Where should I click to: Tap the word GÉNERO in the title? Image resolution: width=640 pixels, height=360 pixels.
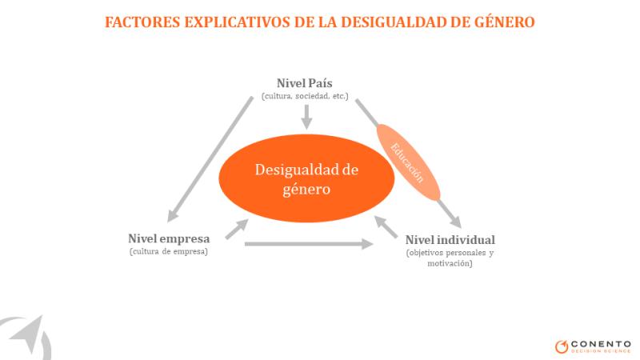tap(504, 22)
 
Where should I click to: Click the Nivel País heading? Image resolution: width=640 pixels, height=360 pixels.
tap(305, 83)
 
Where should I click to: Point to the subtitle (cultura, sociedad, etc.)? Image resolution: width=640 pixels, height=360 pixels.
tap(305, 96)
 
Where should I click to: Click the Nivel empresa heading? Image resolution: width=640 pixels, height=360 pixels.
tap(169, 238)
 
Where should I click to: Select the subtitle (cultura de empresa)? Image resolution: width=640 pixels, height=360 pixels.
tap(169, 251)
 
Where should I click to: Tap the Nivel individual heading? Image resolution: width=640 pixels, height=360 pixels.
tap(450, 239)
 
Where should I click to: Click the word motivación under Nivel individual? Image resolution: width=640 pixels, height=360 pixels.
tap(450, 264)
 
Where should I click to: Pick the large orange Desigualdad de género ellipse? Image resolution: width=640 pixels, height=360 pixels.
tap(306, 178)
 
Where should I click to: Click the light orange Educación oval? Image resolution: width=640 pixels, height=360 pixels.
tap(408, 162)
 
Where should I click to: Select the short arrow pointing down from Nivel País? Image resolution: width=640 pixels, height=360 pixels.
tap(306, 117)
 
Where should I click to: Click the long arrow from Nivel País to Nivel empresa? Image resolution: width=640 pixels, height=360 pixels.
tap(210, 159)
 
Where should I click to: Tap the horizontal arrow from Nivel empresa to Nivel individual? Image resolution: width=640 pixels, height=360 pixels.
tap(309, 244)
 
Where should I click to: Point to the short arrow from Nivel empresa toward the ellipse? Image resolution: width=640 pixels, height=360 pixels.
tap(237, 229)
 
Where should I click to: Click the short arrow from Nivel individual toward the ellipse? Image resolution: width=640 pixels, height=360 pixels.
tap(386, 227)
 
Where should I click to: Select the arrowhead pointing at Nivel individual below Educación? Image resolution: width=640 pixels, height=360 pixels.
tap(454, 221)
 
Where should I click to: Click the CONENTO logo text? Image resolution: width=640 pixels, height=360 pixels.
tap(601, 344)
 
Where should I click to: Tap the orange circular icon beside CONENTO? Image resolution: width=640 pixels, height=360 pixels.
tap(562, 346)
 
